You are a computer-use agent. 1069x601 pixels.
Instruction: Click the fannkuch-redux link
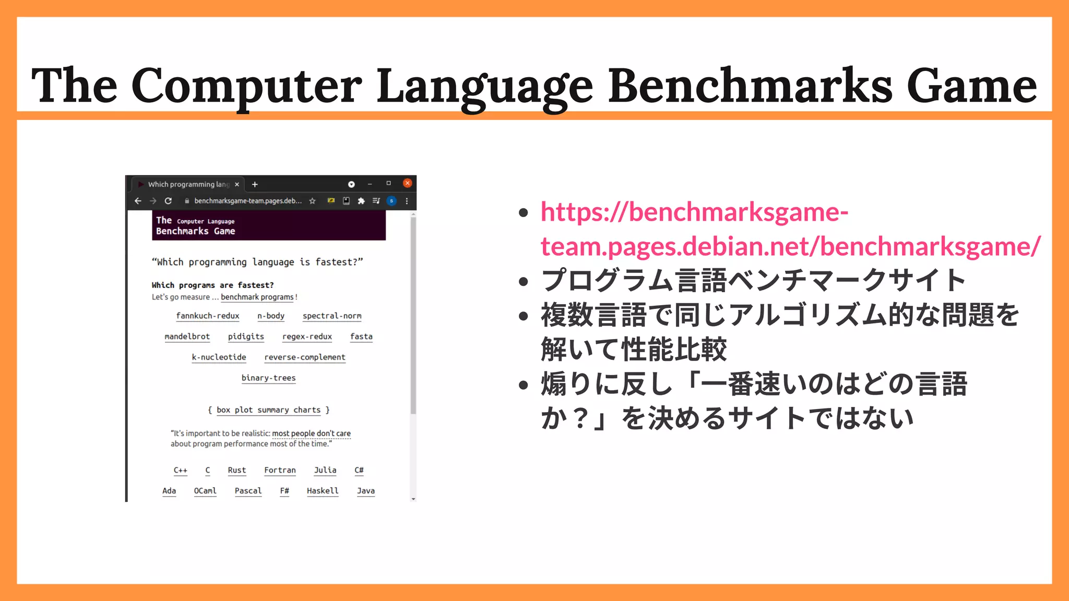(208, 316)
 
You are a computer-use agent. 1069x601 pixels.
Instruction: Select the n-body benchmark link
(271, 316)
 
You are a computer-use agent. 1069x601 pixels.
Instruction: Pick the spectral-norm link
(332, 316)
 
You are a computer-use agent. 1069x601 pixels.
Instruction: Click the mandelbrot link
(187, 336)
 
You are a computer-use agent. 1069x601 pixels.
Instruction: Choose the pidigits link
(246, 336)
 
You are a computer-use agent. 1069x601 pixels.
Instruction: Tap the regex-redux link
(307, 336)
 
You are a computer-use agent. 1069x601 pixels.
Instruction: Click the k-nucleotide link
(219, 357)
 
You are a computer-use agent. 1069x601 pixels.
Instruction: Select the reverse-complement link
(305, 357)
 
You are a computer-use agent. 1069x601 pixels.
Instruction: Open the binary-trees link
(268, 378)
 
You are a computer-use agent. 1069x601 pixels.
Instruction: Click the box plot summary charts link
(268, 410)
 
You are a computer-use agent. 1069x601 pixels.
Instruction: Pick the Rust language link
(236, 470)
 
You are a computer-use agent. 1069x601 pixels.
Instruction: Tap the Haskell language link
(323, 491)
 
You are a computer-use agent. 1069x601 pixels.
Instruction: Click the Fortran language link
(280, 470)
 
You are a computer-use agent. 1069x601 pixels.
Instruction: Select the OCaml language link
(205, 491)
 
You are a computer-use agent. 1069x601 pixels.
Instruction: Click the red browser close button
(408, 183)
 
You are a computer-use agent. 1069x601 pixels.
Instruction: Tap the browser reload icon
(168, 201)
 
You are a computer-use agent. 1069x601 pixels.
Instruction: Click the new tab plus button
(255, 184)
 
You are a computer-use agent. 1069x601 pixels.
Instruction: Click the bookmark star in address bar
(312, 201)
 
